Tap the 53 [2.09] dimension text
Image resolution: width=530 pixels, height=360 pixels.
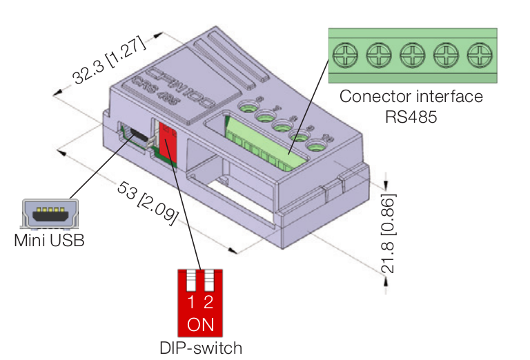pyautogui.click(x=148, y=200)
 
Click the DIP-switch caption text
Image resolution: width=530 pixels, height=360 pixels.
pyautogui.click(x=200, y=348)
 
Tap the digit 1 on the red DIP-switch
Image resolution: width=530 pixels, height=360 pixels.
pyautogui.click(x=191, y=302)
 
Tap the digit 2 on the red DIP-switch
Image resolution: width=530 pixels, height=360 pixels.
pyautogui.click(x=208, y=302)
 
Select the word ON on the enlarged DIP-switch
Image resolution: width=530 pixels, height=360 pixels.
pyautogui.click(x=200, y=324)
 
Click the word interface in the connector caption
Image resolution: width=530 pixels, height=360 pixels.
pyautogui.click(x=446, y=96)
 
